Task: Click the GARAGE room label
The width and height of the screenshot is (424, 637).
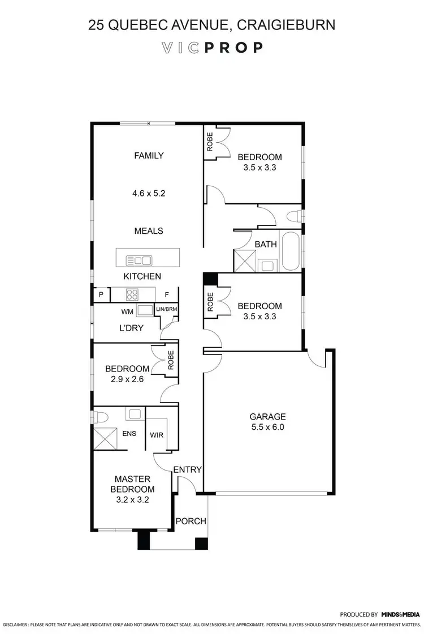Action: tap(268, 416)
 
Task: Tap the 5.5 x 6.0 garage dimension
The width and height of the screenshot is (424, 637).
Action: tap(268, 427)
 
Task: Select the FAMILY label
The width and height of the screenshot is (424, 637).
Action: tap(149, 156)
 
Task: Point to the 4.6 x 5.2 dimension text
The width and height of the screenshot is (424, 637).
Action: tap(149, 193)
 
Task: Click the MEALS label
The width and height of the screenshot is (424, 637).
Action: tap(149, 231)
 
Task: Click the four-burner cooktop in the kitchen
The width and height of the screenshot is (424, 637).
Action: tap(132, 294)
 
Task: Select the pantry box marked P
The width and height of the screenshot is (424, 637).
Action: tap(101, 294)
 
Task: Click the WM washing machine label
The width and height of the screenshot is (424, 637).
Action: tap(127, 311)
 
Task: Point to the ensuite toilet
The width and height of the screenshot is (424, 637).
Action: tap(102, 418)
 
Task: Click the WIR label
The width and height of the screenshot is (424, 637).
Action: tap(157, 435)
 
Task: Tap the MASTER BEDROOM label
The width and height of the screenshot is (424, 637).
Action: tap(132, 484)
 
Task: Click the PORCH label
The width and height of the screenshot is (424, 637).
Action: tap(191, 521)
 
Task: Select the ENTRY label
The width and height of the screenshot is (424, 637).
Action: tap(188, 469)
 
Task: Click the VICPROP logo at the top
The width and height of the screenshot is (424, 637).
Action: tap(212, 48)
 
